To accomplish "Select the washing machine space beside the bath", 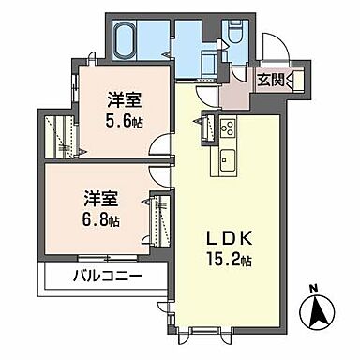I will tap(203, 57).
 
